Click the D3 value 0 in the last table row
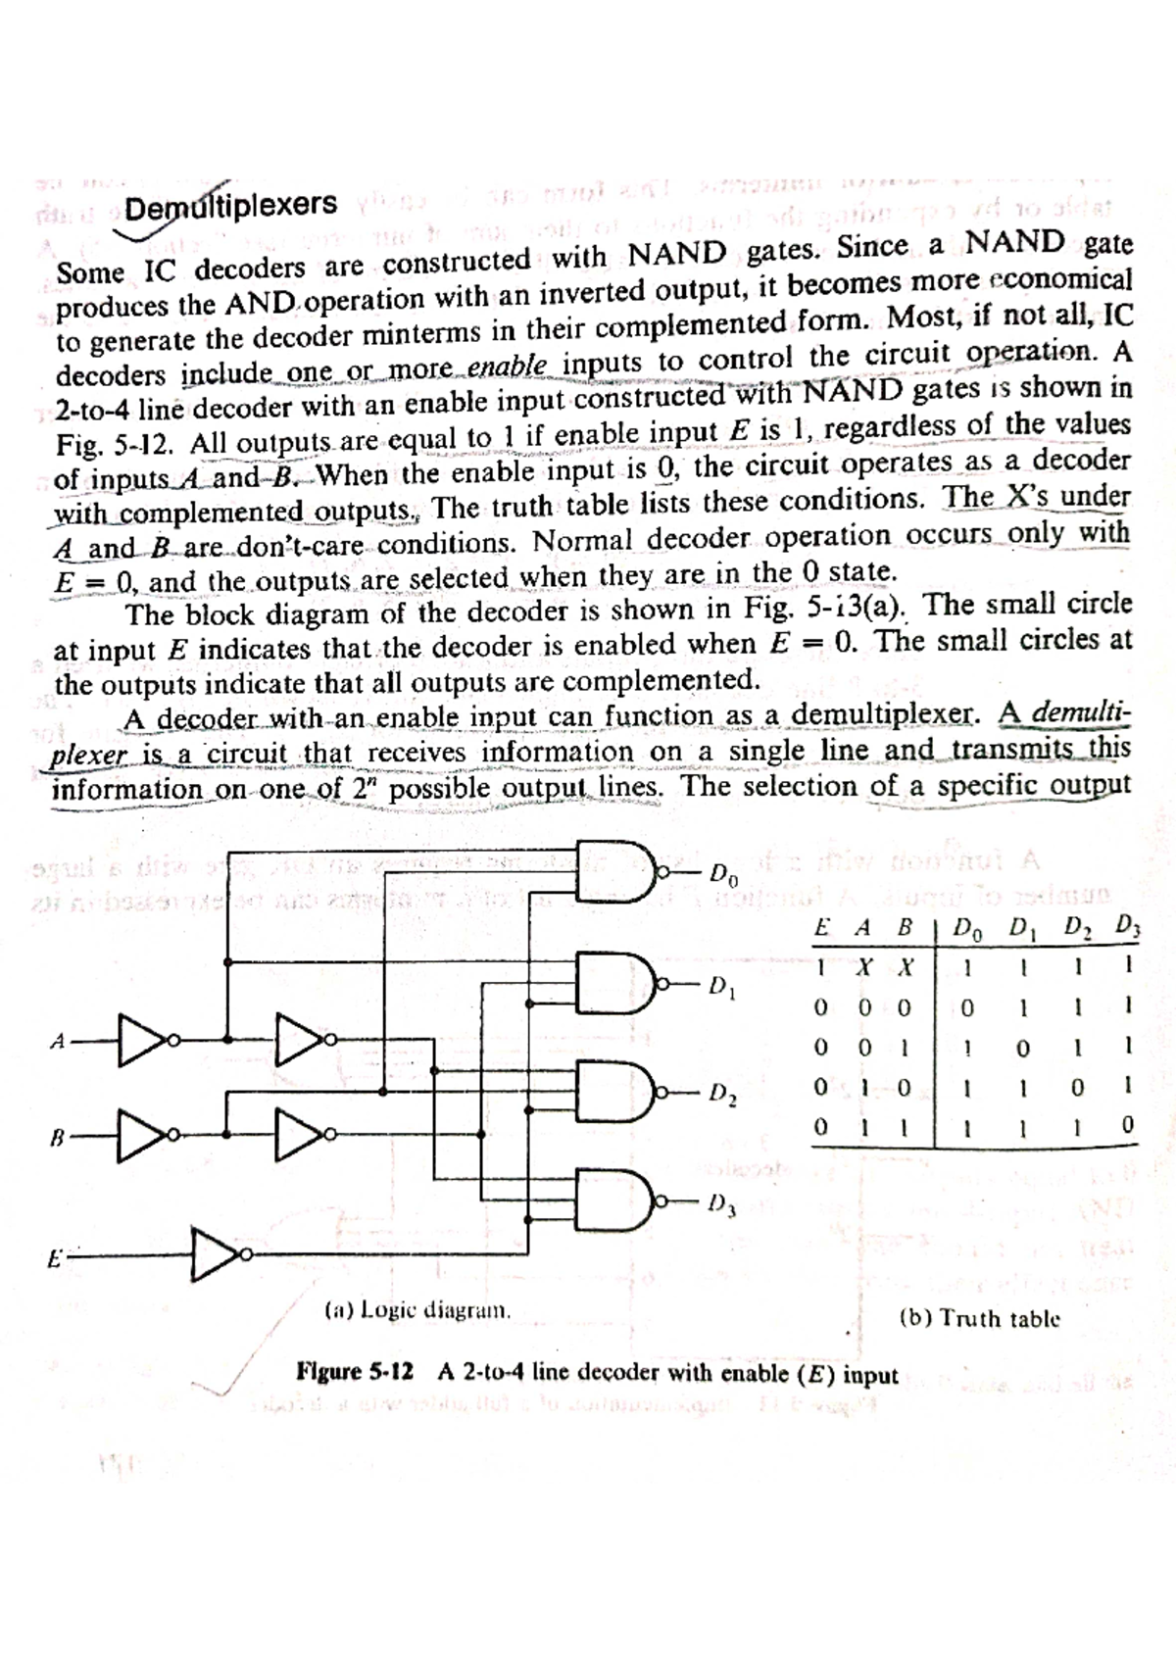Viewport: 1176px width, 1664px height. (x=1127, y=1127)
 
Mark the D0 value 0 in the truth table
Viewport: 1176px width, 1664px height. (x=967, y=1007)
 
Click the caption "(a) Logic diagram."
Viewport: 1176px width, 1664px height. (x=417, y=1309)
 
